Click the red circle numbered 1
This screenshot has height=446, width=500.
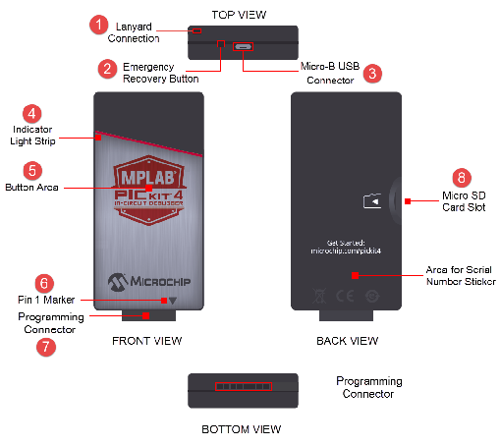[97, 23]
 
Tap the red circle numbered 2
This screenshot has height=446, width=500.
[108, 68]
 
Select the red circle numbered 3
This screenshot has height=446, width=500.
[371, 73]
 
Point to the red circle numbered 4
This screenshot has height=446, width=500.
[32, 113]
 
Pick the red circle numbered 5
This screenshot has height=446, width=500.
[32, 169]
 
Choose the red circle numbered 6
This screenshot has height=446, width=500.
[42, 282]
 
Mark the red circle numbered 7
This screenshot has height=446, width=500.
[41, 348]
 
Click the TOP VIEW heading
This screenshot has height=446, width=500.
[240, 14]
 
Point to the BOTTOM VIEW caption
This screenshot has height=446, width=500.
[242, 429]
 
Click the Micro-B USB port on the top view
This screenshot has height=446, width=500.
[242, 45]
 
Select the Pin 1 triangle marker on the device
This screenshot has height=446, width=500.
[173, 302]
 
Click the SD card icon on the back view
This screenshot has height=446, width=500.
[371, 201]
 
